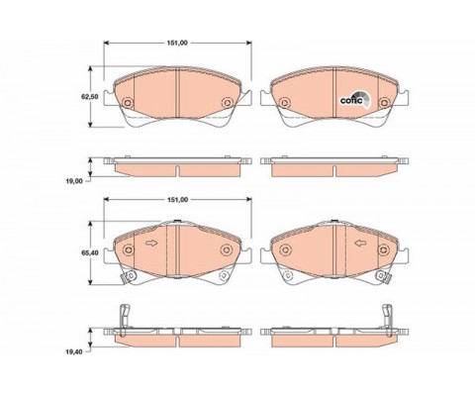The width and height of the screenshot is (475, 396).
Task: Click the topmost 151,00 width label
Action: pos(178,43)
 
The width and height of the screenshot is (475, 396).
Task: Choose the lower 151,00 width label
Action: pos(178,200)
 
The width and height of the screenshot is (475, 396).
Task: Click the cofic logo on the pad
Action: pos(355,99)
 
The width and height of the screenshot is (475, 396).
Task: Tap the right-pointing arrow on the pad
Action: pos(151,244)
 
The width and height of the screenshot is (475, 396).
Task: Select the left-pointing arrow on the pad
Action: pos(360,244)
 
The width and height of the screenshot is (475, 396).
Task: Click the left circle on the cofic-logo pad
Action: pos(284,103)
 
